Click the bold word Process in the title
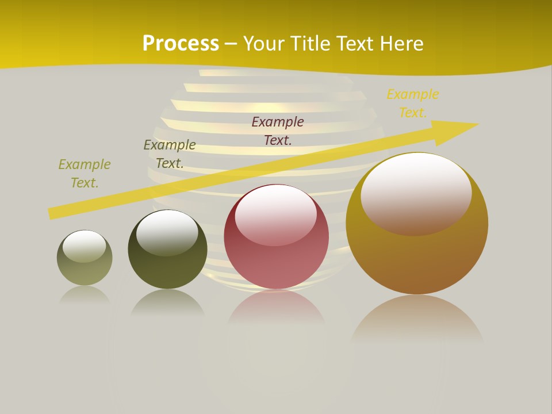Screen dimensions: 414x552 click(181, 44)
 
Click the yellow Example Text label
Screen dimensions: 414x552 click(413, 103)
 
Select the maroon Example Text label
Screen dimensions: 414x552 click(278, 131)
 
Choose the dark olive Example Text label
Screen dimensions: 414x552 click(170, 154)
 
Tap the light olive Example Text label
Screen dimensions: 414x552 click(85, 173)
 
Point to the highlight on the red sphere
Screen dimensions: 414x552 click(276, 213)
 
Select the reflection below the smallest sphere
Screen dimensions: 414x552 click(85, 294)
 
